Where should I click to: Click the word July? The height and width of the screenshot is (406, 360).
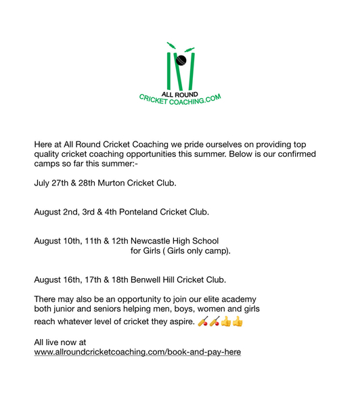(42, 183)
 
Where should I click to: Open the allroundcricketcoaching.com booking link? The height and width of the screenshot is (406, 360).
(137, 352)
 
